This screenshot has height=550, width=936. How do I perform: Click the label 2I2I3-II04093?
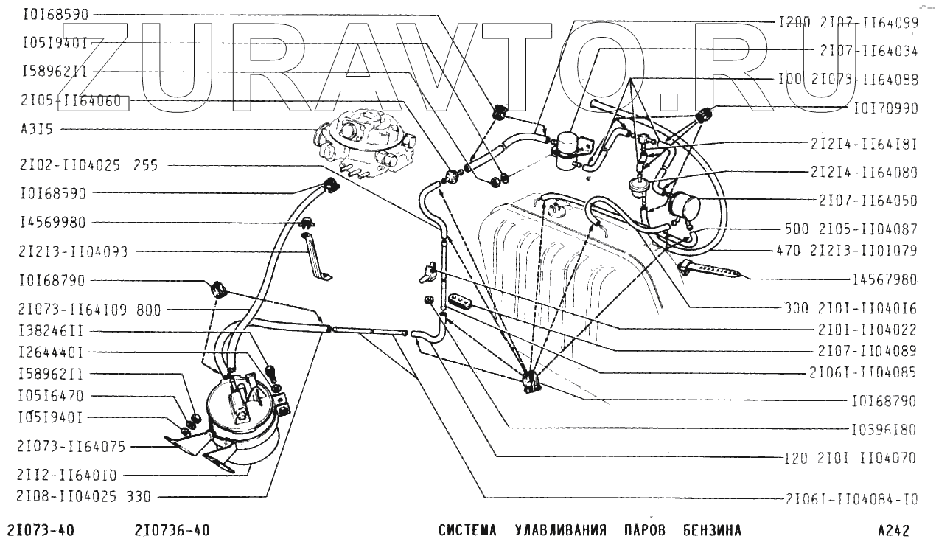(73, 252)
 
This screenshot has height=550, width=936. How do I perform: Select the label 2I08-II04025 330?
(85, 497)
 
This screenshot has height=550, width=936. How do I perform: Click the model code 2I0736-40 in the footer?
(172, 531)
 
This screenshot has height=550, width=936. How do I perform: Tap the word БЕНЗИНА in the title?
(711, 531)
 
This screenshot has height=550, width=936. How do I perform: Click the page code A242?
(893, 531)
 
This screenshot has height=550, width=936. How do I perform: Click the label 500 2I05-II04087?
(852, 229)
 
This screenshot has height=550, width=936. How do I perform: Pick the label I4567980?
(885, 280)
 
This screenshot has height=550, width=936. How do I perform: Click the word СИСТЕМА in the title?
(467, 531)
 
